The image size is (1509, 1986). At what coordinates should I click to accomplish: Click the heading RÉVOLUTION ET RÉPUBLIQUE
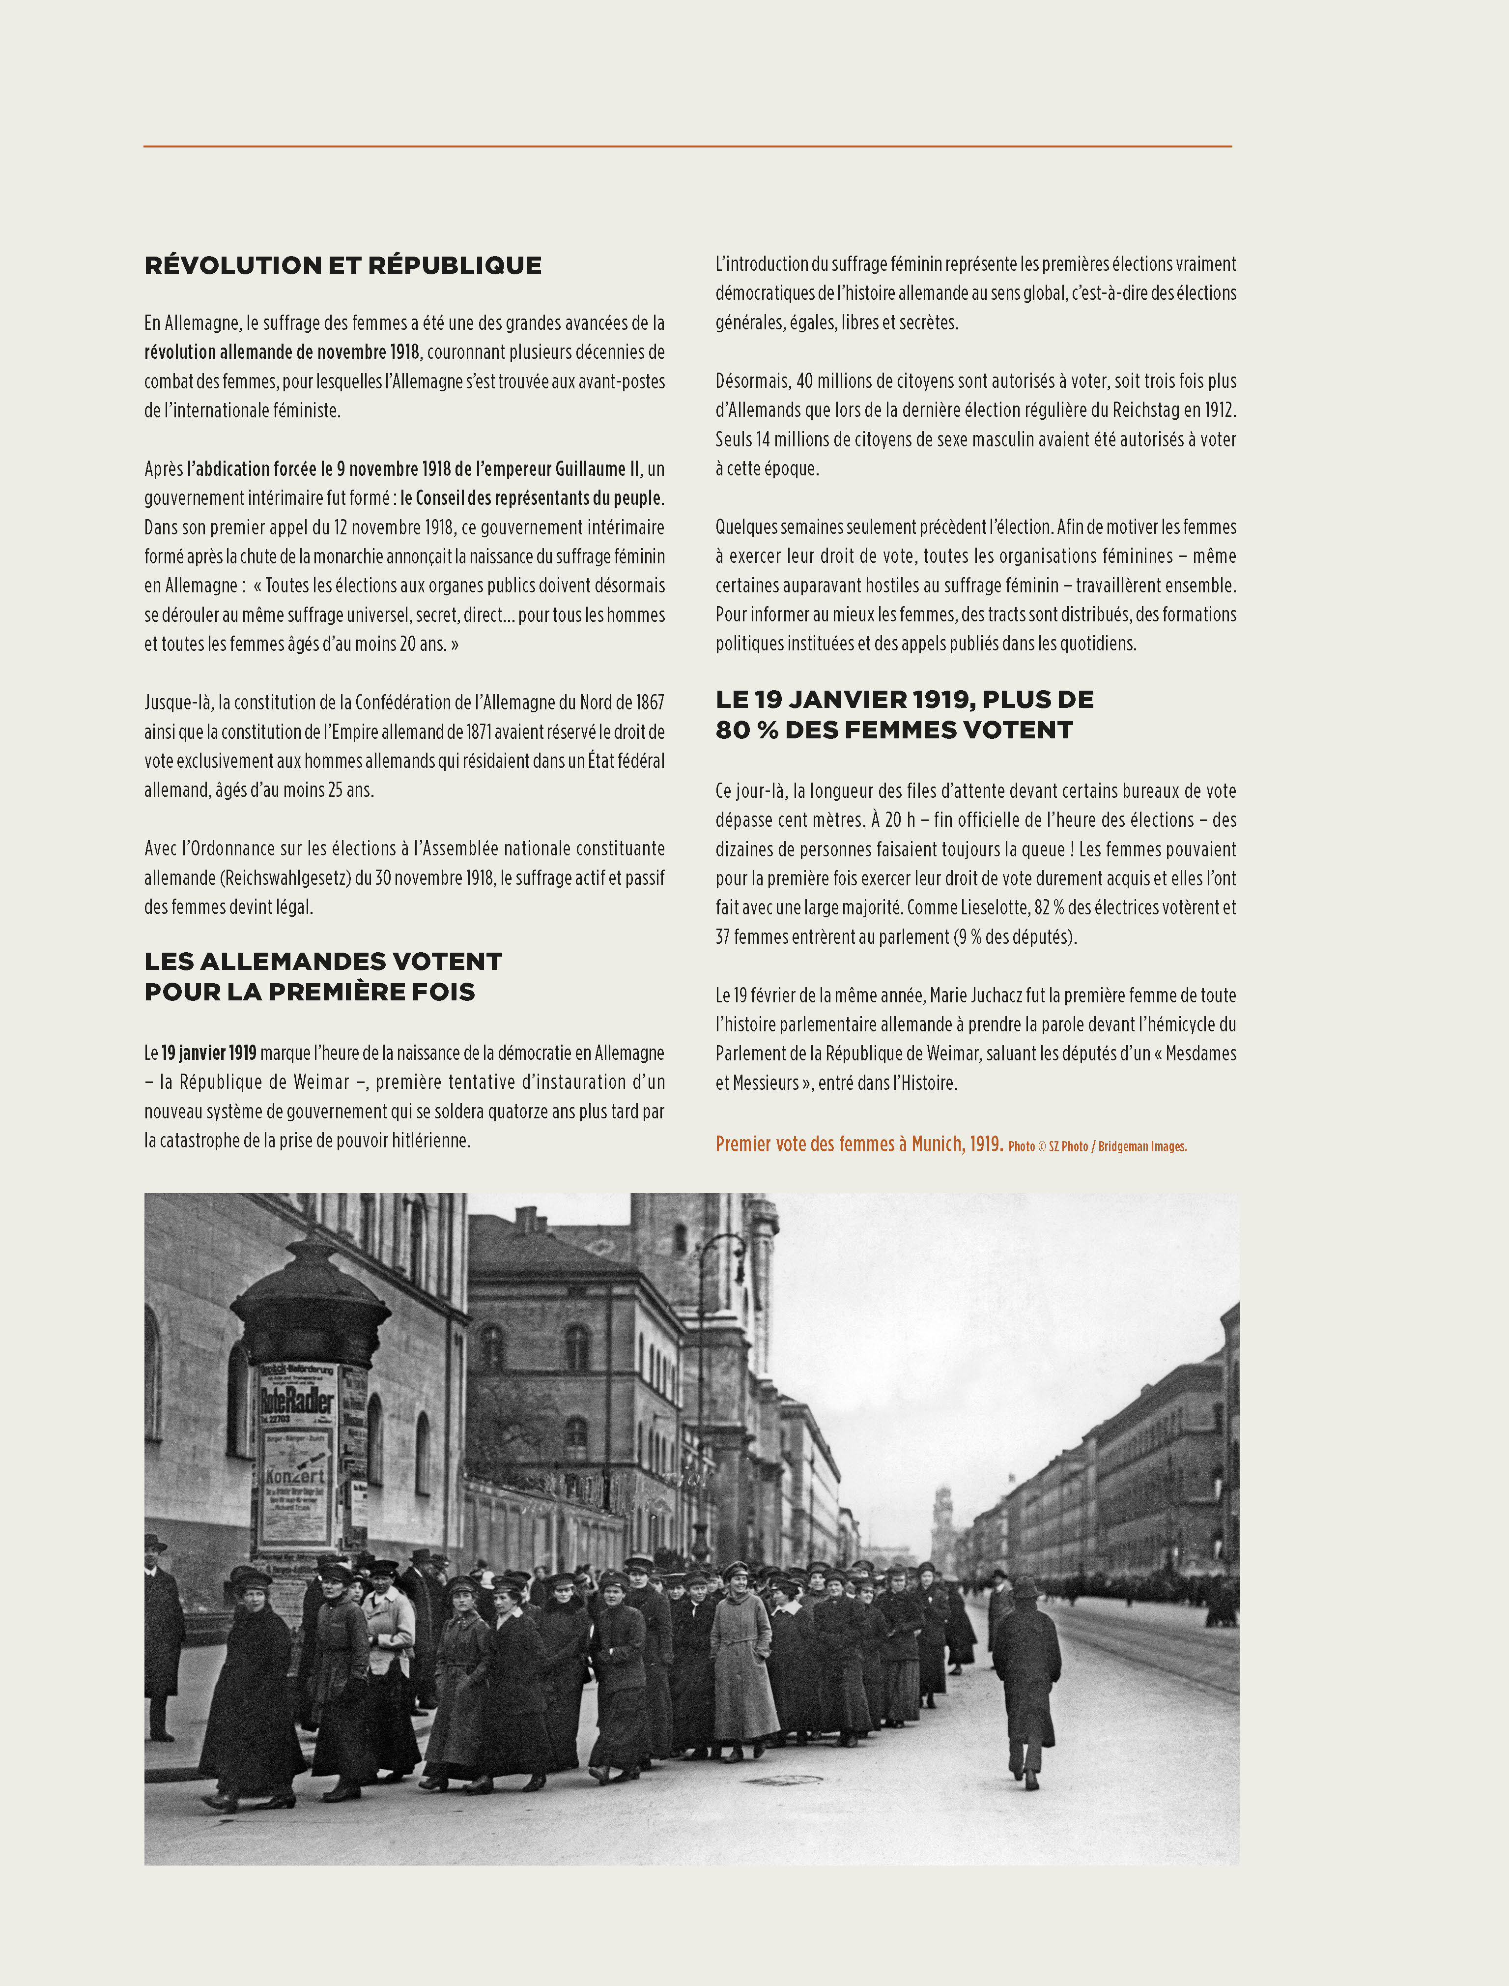tap(342, 265)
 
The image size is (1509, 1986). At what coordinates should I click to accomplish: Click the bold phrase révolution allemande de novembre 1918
tap(281, 351)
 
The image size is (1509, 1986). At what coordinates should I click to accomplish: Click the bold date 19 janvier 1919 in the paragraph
tap(208, 1052)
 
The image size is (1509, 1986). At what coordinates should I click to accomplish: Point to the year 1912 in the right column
tap(1219, 410)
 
